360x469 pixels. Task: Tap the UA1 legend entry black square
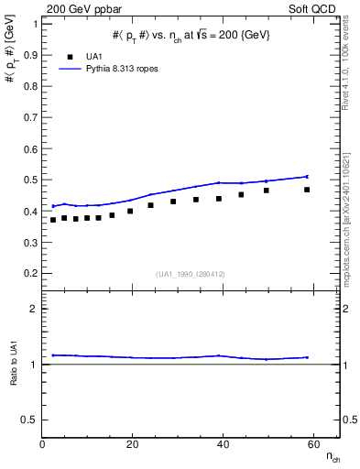71,56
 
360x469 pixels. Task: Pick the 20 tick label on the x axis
133,444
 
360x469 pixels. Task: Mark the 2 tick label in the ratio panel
34,310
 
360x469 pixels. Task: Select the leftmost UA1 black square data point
53,220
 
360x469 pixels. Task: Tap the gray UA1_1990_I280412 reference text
191,275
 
